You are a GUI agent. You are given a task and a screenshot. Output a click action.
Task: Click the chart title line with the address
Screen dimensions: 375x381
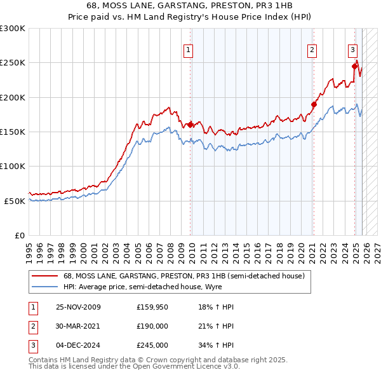click(x=190, y=6)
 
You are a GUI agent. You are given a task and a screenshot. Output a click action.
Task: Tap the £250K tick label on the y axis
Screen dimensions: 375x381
click(x=13, y=63)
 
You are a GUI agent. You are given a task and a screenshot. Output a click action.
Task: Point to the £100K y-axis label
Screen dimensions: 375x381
click(x=13, y=166)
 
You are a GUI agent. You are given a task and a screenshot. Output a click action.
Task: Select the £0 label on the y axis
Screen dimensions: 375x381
click(x=19, y=235)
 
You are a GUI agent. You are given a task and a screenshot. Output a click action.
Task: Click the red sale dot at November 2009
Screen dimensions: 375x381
click(x=190, y=125)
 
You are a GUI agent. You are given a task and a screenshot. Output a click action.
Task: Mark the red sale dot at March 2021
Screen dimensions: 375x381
click(x=313, y=104)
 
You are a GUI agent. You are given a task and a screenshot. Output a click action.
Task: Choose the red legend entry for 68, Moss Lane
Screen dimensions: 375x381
click(x=184, y=276)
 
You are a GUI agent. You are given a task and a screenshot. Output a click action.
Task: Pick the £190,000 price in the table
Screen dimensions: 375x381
click(x=152, y=326)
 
